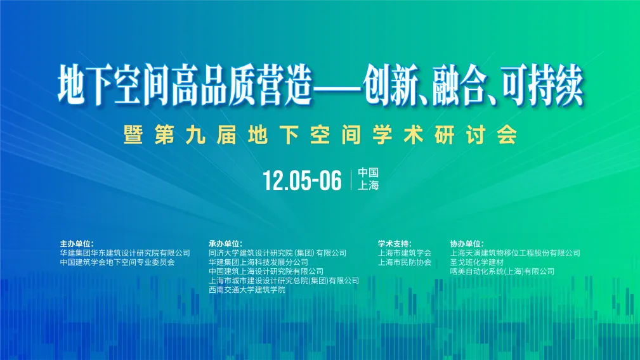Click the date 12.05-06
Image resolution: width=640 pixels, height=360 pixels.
(x=303, y=180)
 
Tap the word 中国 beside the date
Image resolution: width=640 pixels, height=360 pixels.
(x=368, y=172)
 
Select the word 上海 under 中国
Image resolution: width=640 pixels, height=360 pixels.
(x=368, y=186)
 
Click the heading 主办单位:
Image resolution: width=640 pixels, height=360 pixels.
(x=77, y=243)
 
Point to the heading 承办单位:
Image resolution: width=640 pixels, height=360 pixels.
(x=225, y=243)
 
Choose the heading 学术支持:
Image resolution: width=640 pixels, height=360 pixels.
(x=395, y=243)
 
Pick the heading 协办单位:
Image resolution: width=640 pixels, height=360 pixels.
(x=467, y=243)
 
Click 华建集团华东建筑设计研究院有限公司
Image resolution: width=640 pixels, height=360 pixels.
(x=125, y=252)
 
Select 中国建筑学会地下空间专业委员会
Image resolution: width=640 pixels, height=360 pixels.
(x=117, y=262)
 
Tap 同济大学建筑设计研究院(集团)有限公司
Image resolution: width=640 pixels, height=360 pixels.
(x=278, y=252)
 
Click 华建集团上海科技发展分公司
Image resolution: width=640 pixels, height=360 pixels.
(x=258, y=262)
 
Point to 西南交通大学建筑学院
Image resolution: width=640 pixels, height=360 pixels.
(x=247, y=290)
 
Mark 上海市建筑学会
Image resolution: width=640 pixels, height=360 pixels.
(x=405, y=252)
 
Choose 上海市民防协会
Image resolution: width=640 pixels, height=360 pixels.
(x=405, y=262)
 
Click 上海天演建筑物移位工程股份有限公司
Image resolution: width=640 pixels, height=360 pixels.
(x=515, y=252)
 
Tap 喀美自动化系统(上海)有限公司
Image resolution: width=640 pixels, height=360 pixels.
(x=502, y=271)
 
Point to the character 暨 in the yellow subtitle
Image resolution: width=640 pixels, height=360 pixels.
(x=133, y=136)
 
